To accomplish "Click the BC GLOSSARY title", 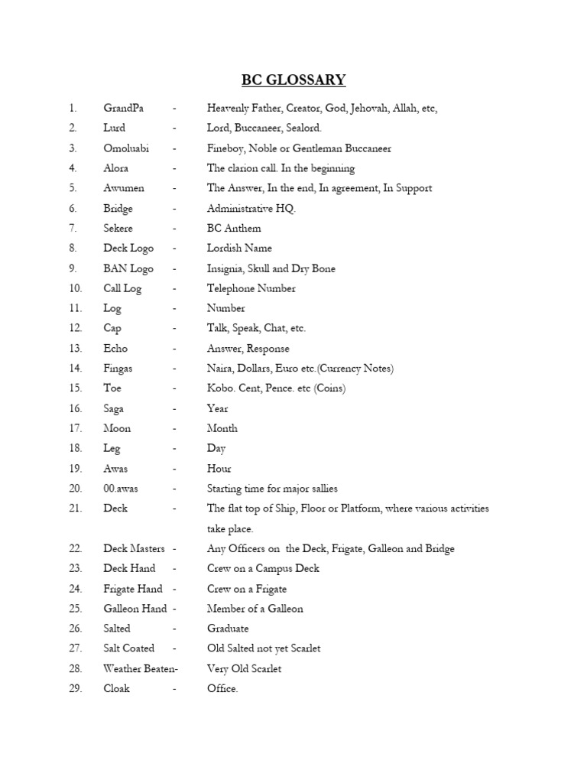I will pyautogui.click(x=293, y=80).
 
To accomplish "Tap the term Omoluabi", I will pyautogui.click(x=126, y=148).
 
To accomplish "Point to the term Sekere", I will pyautogui.click(x=118, y=228).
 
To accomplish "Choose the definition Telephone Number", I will pyautogui.click(x=251, y=288).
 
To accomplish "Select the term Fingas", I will pyautogui.click(x=118, y=369).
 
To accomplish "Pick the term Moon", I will pyautogui.click(x=117, y=428).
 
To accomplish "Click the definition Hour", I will pyautogui.click(x=219, y=469).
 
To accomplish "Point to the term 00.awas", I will pyautogui.click(x=121, y=489).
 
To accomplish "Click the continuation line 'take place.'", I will pyautogui.click(x=229, y=528).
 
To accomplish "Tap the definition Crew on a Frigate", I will pyautogui.click(x=247, y=589).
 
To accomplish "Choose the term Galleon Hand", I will pyautogui.click(x=135, y=609).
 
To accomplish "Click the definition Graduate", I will pyautogui.click(x=227, y=629).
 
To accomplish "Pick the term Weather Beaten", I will pyautogui.click(x=138, y=668).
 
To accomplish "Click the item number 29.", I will pyautogui.click(x=75, y=688).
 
